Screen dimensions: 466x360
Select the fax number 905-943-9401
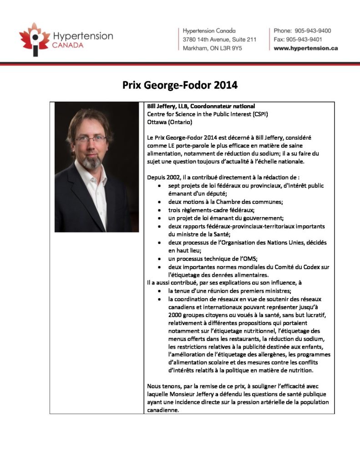pyautogui.click(x=308, y=39)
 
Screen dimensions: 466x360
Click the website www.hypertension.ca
pyautogui.click(x=305, y=48)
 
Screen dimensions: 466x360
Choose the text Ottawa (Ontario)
pyautogui.click(x=167, y=122)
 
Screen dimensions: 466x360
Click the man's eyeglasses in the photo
pyautogui.click(x=91, y=139)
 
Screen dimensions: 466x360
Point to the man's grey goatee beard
pyautogui.click(x=93, y=162)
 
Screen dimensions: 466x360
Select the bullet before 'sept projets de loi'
pyautogui.click(x=158, y=186)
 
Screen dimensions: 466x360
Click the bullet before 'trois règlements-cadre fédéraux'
pyautogui.click(x=158, y=210)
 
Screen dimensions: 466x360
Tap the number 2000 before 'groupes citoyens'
pyautogui.click(x=175, y=315)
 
